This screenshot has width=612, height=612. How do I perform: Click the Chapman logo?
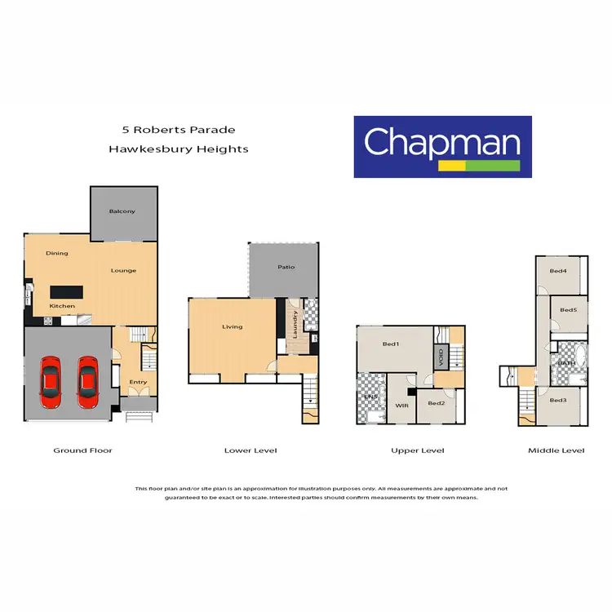click(x=442, y=146)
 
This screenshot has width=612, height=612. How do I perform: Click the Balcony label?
click(x=122, y=211)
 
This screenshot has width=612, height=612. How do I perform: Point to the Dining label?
click(x=57, y=253)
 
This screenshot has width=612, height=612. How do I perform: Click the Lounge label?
click(x=124, y=270)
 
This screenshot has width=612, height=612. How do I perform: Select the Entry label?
click(x=139, y=381)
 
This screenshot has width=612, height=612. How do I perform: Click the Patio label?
click(x=286, y=267)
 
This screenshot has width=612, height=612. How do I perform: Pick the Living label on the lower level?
click(x=233, y=326)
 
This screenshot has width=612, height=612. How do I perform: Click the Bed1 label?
click(x=392, y=344)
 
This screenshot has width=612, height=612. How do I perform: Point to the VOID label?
click(x=441, y=357)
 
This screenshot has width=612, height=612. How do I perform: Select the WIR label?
click(x=401, y=404)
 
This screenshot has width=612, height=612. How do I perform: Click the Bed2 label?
click(x=437, y=403)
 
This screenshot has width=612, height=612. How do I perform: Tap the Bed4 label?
click(x=558, y=271)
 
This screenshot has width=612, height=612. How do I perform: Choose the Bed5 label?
click(x=569, y=310)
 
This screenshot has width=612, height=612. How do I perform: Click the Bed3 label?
click(x=558, y=400)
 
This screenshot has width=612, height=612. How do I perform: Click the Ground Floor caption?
click(x=82, y=450)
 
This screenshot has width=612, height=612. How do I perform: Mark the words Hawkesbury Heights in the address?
click(x=179, y=149)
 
